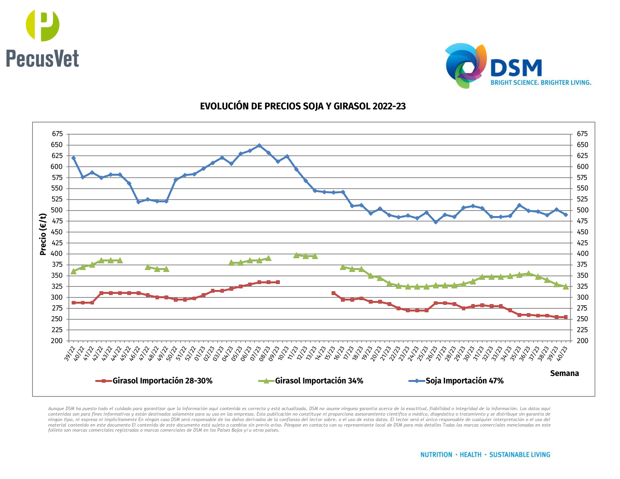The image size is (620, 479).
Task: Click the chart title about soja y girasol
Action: point(303,106)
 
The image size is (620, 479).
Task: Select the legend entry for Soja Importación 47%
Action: point(464,381)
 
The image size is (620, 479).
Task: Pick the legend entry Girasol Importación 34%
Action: point(319,381)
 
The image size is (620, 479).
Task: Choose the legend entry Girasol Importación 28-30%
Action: point(162,381)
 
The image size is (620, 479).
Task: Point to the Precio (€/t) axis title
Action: point(43,234)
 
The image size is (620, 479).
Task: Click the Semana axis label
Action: point(564,373)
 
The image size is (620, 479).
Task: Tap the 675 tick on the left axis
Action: point(57,134)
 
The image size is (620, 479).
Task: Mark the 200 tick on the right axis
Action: point(582,341)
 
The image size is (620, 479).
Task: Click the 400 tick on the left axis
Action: point(57,254)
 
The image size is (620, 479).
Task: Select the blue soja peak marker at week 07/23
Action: point(259,146)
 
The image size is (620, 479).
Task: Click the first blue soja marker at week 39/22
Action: point(74,158)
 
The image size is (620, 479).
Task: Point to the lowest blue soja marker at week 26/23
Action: point(436,222)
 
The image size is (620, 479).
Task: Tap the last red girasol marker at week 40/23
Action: point(566,317)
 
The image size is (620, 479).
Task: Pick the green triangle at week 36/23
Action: point(528,274)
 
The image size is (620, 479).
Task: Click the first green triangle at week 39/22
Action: point(74,271)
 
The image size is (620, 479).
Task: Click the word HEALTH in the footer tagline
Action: point(470,455)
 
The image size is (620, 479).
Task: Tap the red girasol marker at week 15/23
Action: point(333,293)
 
